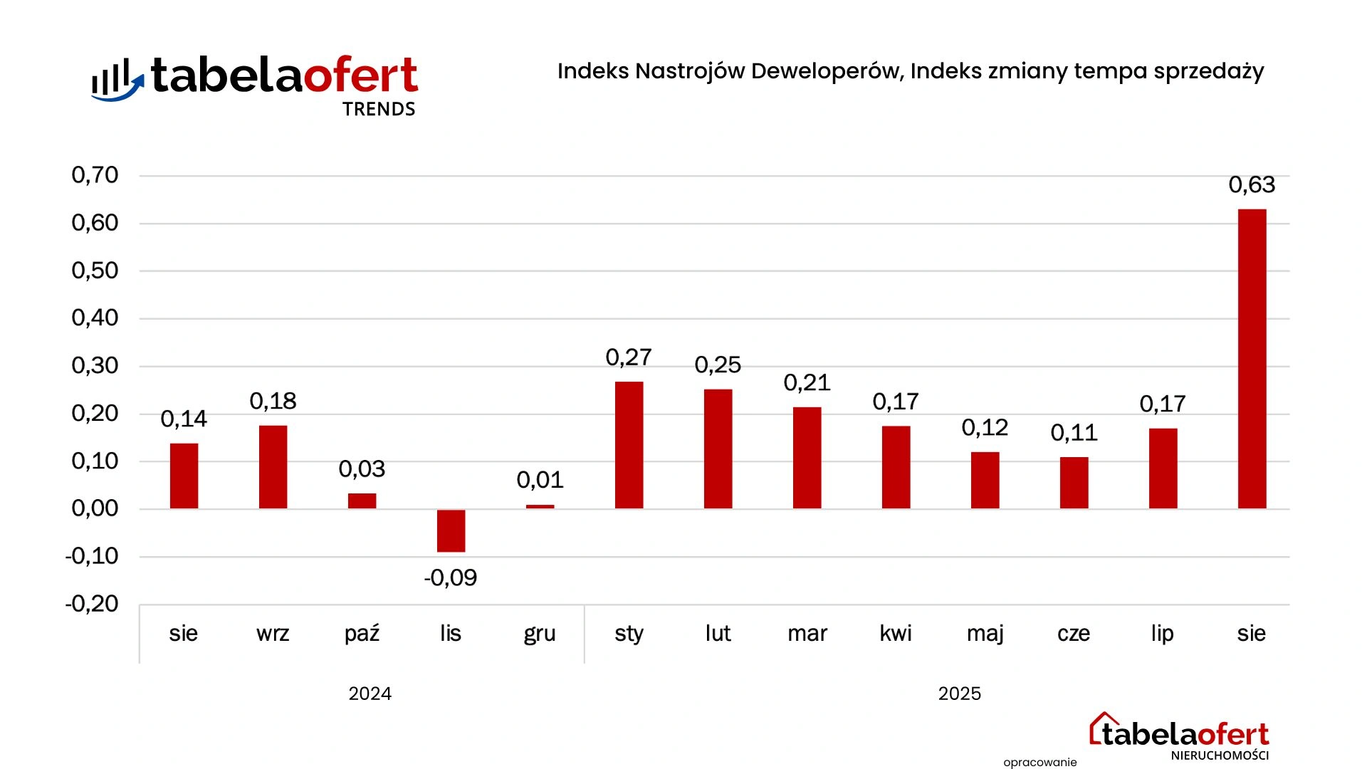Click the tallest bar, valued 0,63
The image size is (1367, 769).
[x=1252, y=359]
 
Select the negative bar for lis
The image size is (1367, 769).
[x=451, y=530]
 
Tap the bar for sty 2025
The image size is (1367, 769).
[x=629, y=445]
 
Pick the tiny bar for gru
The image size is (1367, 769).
[x=540, y=506]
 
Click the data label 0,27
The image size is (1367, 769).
[x=629, y=357]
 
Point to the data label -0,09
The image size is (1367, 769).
[x=451, y=577]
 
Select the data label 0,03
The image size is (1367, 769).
[x=362, y=469]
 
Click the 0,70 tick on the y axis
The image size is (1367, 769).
[x=95, y=175]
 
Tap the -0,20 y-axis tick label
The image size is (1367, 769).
[x=92, y=604]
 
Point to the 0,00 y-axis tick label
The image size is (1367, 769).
[x=95, y=508]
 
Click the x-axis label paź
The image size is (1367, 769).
[x=362, y=633]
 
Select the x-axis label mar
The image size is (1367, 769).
[x=807, y=633]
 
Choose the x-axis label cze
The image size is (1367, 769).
[x=1074, y=633]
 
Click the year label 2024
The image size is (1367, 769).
[x=370, y=694]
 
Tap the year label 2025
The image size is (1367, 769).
[x=960, y=694]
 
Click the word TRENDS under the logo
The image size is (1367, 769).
[x=379, y=109]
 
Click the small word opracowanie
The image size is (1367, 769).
[x=1040, y=763]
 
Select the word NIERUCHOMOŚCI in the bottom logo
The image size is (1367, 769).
[x=1220, y=755]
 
